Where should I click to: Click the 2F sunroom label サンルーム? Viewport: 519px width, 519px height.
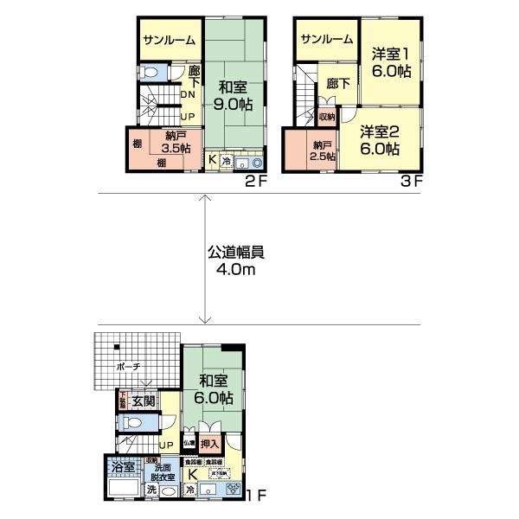(169, 40)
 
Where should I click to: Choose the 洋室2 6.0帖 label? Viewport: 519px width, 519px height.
(381, 139)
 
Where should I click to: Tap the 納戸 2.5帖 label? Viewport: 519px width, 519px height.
(323, 150)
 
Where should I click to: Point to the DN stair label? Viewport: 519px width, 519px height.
(187, 95)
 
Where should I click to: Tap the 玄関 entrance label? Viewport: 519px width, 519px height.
(144, 400)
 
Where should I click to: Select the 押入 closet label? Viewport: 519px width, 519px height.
(210, 443)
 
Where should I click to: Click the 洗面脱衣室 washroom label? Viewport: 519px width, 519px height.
(164, 473)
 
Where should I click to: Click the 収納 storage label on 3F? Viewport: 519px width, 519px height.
(326, 115)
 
